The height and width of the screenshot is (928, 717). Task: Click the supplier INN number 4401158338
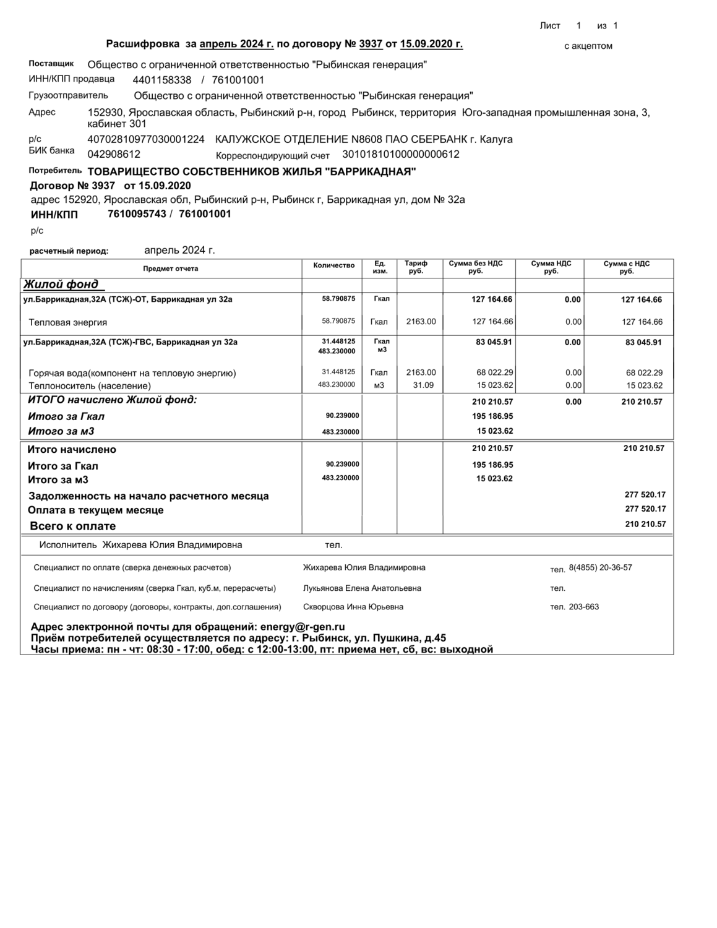(x=162, y=80)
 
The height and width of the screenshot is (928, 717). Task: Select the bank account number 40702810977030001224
(x=146, y=139)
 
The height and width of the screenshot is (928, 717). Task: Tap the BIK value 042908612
(x=114, y=154)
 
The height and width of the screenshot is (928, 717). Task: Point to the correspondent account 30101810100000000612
(x=401, y=154)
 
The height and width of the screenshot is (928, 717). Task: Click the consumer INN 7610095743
(x=137, y=214)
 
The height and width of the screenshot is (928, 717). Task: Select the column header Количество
(x=334, y=265)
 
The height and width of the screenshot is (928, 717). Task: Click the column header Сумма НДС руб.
(x=551, y=267)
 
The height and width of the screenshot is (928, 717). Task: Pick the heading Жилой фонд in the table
(x=61, y=285)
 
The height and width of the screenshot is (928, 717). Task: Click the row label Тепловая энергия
(x=68, y=322)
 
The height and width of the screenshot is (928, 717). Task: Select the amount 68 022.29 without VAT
(x=492, y=372)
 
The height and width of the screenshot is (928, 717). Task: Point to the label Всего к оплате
(x=73, y=526)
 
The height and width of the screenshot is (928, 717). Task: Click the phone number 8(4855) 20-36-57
(x=600, y=567)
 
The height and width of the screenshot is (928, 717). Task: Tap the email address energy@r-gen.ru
(x=303, y=627)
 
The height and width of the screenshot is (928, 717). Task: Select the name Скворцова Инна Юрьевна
(x=353, y=607)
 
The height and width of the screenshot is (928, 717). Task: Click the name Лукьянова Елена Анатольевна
(x=362, y=588)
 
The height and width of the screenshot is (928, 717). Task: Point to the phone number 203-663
(x=584, y=607)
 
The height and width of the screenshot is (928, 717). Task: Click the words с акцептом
(x=588, y=46)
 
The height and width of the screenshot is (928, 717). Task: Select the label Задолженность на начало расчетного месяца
(x=148, y=496)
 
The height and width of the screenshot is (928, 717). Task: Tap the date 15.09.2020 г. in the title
(x=432, y=44)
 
